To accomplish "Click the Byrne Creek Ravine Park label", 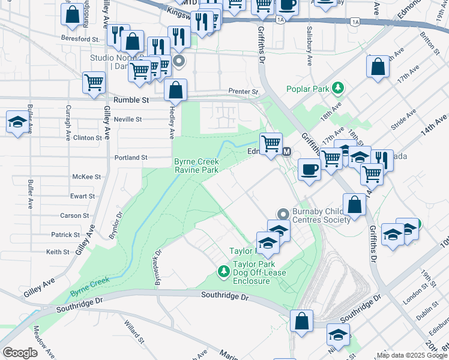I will pos(196,166).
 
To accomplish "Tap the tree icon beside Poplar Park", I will pos(338,88).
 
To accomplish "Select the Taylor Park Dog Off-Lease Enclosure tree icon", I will pos(224,272).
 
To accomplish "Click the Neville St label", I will pos(128,119).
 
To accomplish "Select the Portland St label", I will pos(131,158).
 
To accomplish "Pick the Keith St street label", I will pos(58,252).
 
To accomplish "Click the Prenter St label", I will pos(243,92).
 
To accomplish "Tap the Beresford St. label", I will pos(80,38).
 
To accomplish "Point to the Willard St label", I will pos(134,332).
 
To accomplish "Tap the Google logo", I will pos(20,353).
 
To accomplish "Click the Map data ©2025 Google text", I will pos(411,355).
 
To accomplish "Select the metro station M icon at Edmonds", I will pos(286,152).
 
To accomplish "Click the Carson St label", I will pos(74,215).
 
